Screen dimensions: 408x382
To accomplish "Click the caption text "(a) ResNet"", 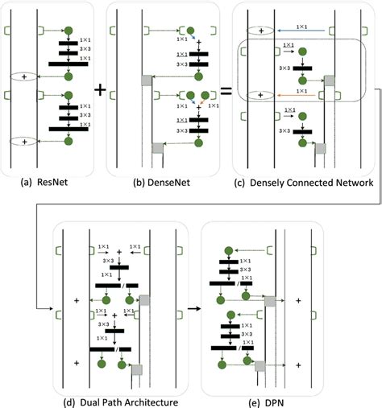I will (x=45, y=182).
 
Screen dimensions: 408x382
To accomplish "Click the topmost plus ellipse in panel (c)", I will (x=260, y=31).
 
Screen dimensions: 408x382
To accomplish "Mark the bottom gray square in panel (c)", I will (x=320, y=148).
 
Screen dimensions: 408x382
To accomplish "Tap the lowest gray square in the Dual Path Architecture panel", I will (x=137, y=369).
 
